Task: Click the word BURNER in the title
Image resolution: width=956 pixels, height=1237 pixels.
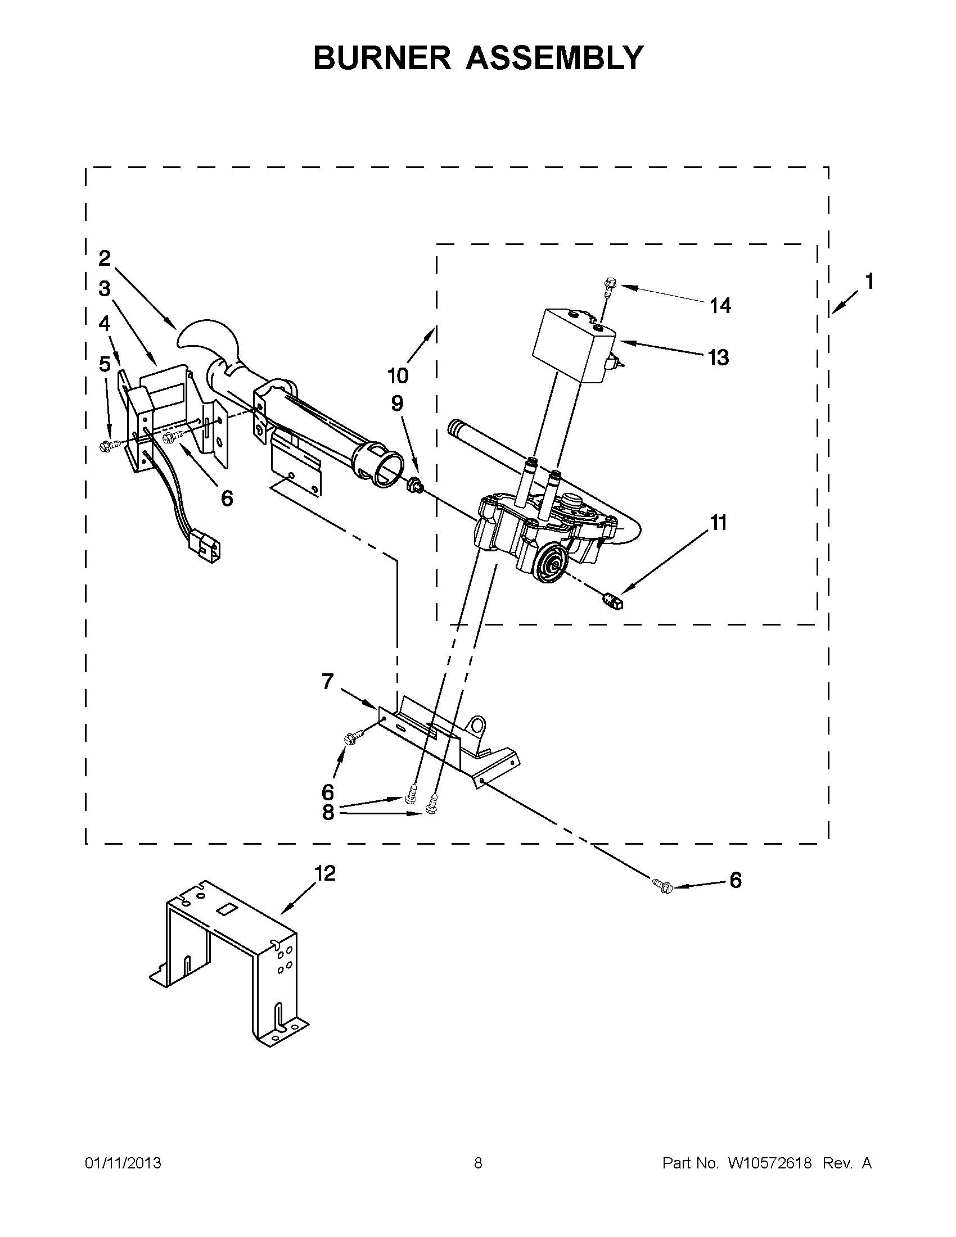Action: (382, 58)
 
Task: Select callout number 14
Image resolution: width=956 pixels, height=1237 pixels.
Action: (720, 306)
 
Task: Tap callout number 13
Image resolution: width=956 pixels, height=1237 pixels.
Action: (718, 358)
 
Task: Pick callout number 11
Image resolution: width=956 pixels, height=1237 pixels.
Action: (718, 523)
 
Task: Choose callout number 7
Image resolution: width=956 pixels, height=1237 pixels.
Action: (327, 681)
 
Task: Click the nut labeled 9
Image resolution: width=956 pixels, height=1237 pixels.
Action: (414, 485)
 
